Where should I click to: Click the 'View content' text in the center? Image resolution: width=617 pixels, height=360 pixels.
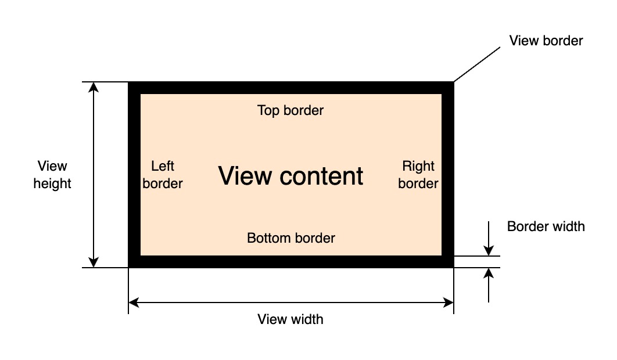point(290,175)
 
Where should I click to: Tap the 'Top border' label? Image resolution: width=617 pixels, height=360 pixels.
point(290,110)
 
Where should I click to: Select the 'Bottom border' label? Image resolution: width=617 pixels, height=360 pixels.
point(291,238)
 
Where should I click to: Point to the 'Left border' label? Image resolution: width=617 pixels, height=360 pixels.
point(163,175)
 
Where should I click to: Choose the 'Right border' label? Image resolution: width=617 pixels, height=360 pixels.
point(418,175)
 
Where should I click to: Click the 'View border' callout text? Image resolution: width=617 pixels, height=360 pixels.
point(546,41)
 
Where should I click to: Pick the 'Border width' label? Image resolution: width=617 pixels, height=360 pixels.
point(546,226)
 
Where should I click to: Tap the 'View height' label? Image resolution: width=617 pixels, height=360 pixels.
point(52,175)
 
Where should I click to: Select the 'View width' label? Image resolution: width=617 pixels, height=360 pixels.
point(290,319)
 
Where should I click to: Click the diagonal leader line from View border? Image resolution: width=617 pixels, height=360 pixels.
point(476,64)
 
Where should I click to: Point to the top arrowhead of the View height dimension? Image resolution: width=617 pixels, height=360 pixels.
point(94,87)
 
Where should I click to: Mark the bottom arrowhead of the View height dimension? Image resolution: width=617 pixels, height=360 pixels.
point(94,262)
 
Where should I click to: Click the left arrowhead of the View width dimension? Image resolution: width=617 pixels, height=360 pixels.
point(134,302)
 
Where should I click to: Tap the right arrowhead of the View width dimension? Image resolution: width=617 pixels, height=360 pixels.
point(448,302)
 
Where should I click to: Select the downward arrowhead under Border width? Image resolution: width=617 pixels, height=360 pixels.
point(489,250)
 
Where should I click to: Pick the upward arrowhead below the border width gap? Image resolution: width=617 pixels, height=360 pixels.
point(489,273)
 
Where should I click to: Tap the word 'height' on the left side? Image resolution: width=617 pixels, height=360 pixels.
point(52,184)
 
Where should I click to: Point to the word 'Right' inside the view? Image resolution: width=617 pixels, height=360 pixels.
point(418,167)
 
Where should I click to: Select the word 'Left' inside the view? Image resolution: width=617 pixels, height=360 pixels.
point(163,167)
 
